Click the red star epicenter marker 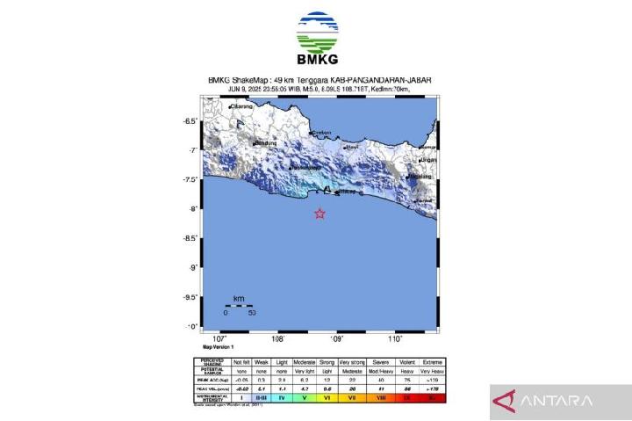click(320, 214)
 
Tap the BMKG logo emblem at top click(317, 33)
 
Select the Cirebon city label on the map click(322, 134)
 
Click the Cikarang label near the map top click(241, 107)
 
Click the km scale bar click(239, 305)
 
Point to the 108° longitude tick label click(278, 338)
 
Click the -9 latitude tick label click(213, 267)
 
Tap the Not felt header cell click(241, 362)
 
